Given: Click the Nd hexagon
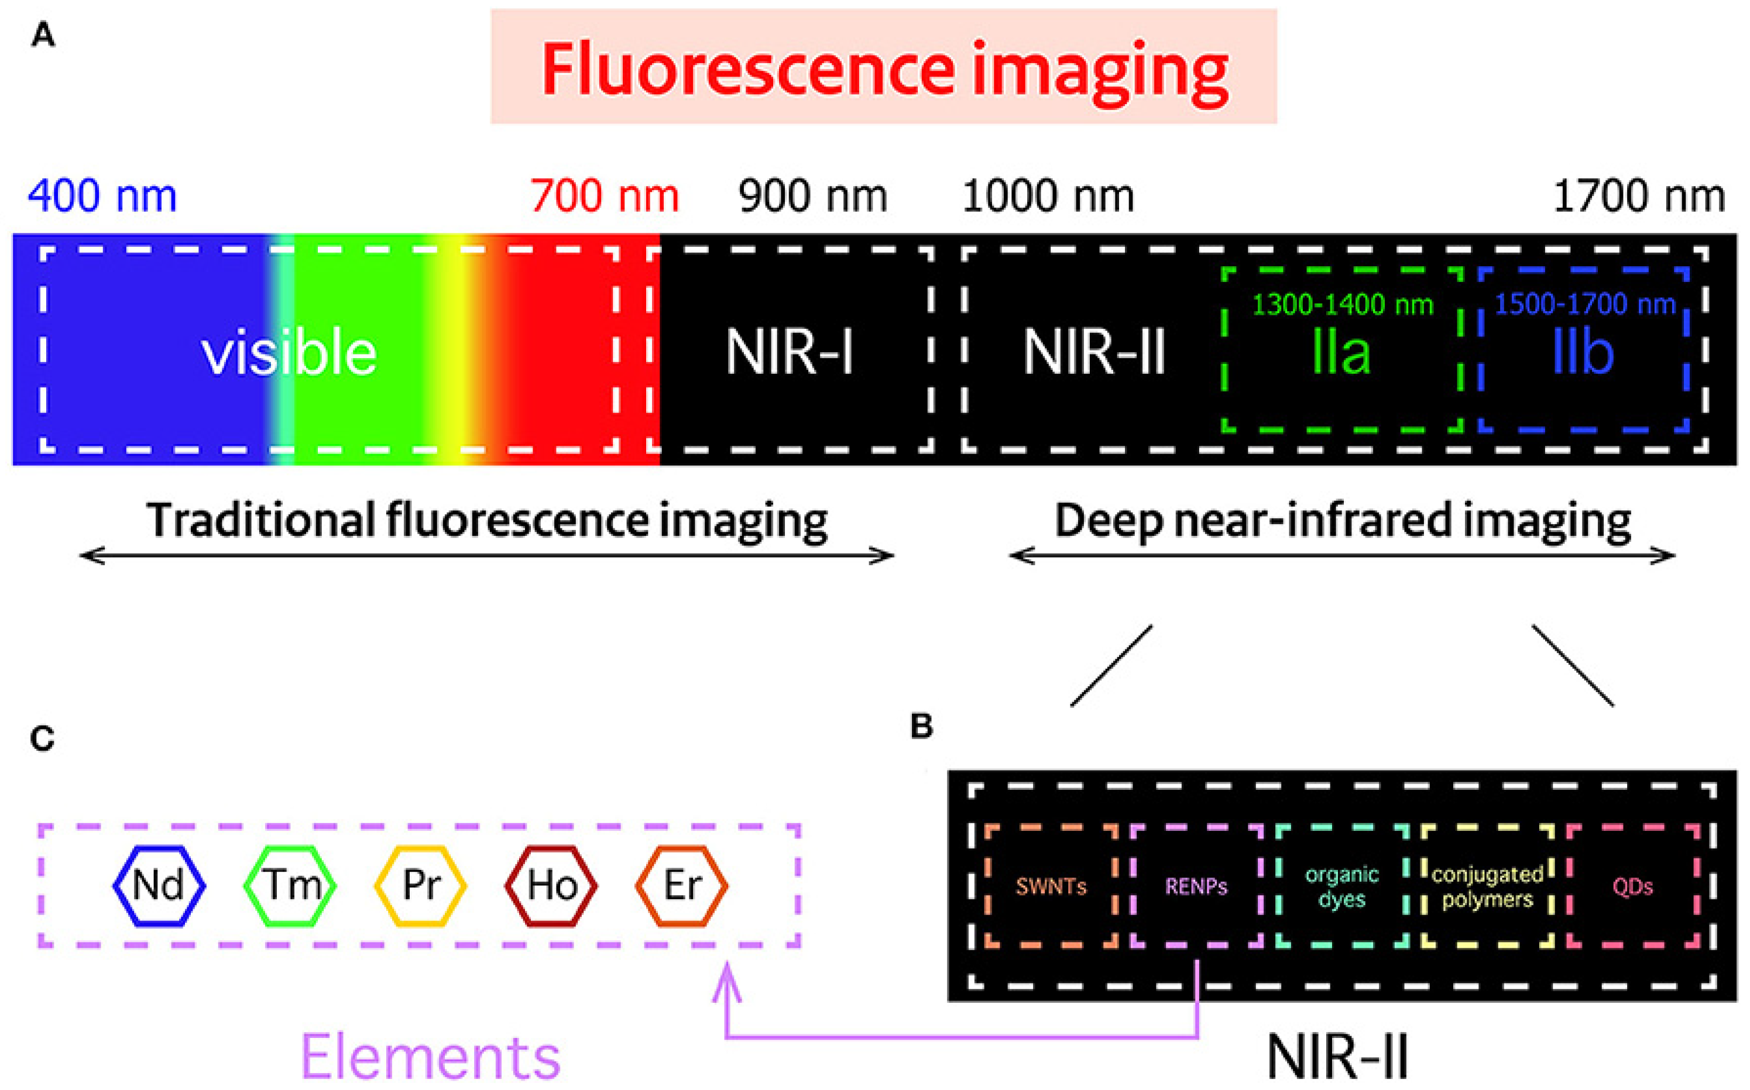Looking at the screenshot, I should pos(159,885).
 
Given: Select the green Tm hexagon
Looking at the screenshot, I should pos(290,885).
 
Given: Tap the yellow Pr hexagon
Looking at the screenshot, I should pos(420,885).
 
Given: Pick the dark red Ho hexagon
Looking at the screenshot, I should pos(551,885).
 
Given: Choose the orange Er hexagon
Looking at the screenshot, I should pos(682,885).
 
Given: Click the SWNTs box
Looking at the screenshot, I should pos(1051,886).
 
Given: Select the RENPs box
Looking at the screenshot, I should pos(1196,886).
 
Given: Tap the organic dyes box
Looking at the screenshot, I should pos(1342,886).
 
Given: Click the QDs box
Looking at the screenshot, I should pos(1633,886).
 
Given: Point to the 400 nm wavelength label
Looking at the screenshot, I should pos(102,196).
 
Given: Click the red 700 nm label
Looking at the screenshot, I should pos(604,196).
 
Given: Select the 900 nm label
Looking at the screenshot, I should pos(812,196).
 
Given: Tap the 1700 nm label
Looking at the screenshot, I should pos(1639,196).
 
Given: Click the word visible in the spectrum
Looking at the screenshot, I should pos(289,353).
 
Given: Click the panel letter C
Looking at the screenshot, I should pos(43,739).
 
